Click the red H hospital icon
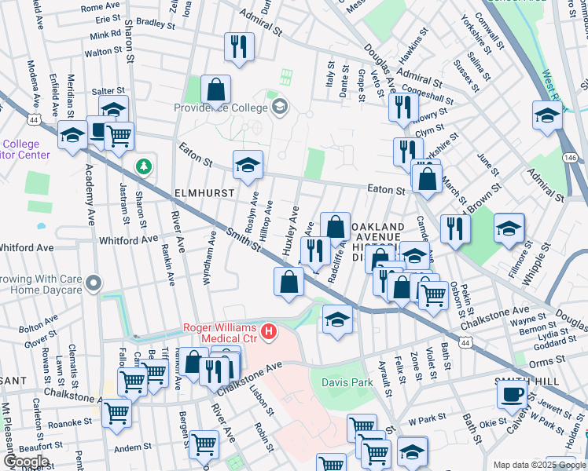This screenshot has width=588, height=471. [x=270, y=333]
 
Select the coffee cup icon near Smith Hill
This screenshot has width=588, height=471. [x=513, y=393]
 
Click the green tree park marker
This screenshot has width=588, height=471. [x=143, y=166]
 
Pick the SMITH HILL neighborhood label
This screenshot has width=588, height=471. [x=539, y=379]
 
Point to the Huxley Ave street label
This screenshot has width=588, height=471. [x=291, y=229]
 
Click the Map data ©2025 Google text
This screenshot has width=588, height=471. [x=538, y=465]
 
